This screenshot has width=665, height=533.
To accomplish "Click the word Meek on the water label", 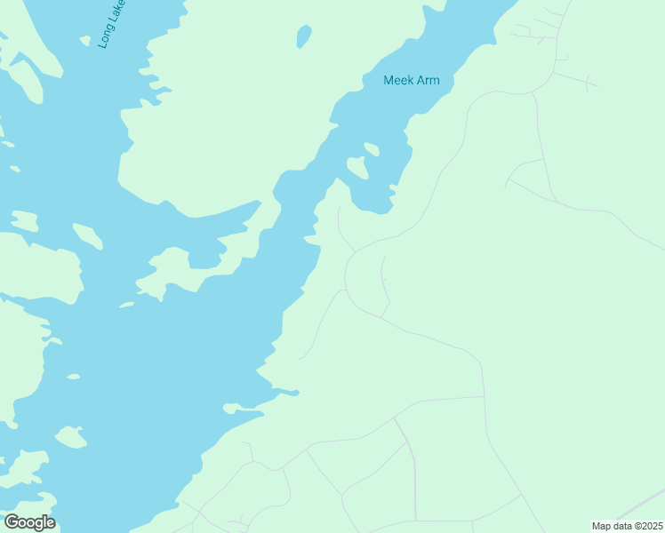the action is coord(399,80).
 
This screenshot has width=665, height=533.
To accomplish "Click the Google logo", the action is coord(29,522).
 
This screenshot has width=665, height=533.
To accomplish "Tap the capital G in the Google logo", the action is coord(12,522).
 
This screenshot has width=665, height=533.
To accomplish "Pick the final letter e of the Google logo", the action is coord(51,523).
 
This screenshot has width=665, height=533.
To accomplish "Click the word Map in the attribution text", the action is coord(602,526).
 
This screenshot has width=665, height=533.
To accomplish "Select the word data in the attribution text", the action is coord(623,526).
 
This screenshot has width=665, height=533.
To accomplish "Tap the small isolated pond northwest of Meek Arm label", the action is coord(304,36).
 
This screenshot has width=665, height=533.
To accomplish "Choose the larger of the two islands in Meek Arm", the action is coord(357,166).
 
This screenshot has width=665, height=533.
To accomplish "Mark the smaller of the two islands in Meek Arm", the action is coord(372,148).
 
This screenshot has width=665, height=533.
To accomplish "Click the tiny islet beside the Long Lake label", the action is coord(85,40).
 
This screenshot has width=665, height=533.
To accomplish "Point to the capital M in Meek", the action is coord(389,80).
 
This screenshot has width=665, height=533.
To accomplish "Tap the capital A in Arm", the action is coord(421,80).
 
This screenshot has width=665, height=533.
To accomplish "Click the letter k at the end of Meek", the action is coord(411,80).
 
